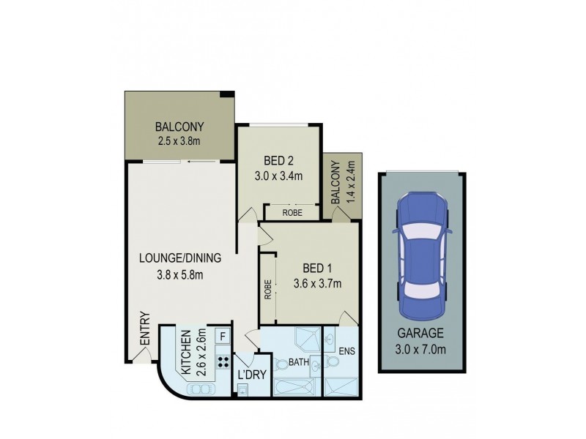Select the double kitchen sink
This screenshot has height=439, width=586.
(x=200, y=389)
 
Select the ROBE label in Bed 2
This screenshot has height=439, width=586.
(x=290, y=212)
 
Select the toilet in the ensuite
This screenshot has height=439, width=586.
(x=333, y=362)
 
